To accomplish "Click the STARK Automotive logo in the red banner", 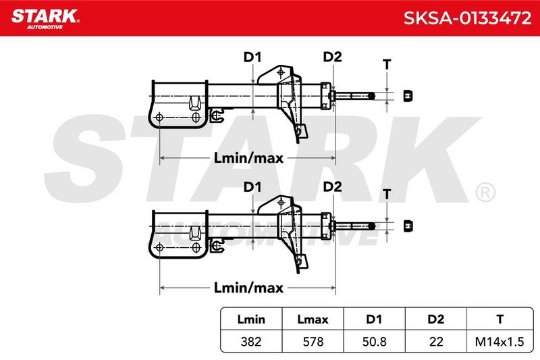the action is (x=45, y=19).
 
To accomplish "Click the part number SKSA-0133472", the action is (x=467, y=18).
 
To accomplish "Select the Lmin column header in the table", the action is (x=251, y=319).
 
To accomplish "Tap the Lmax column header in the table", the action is (x=313, y=319).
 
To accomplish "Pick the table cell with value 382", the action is (x=251, y=342).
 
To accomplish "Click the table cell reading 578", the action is (x=313, y=342).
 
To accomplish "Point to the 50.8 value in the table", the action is (x=375, y=342).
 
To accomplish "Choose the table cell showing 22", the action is (x=436, y=342).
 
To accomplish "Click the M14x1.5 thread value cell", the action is (x=500, y=342).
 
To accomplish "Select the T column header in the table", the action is (x=500, y=319).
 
